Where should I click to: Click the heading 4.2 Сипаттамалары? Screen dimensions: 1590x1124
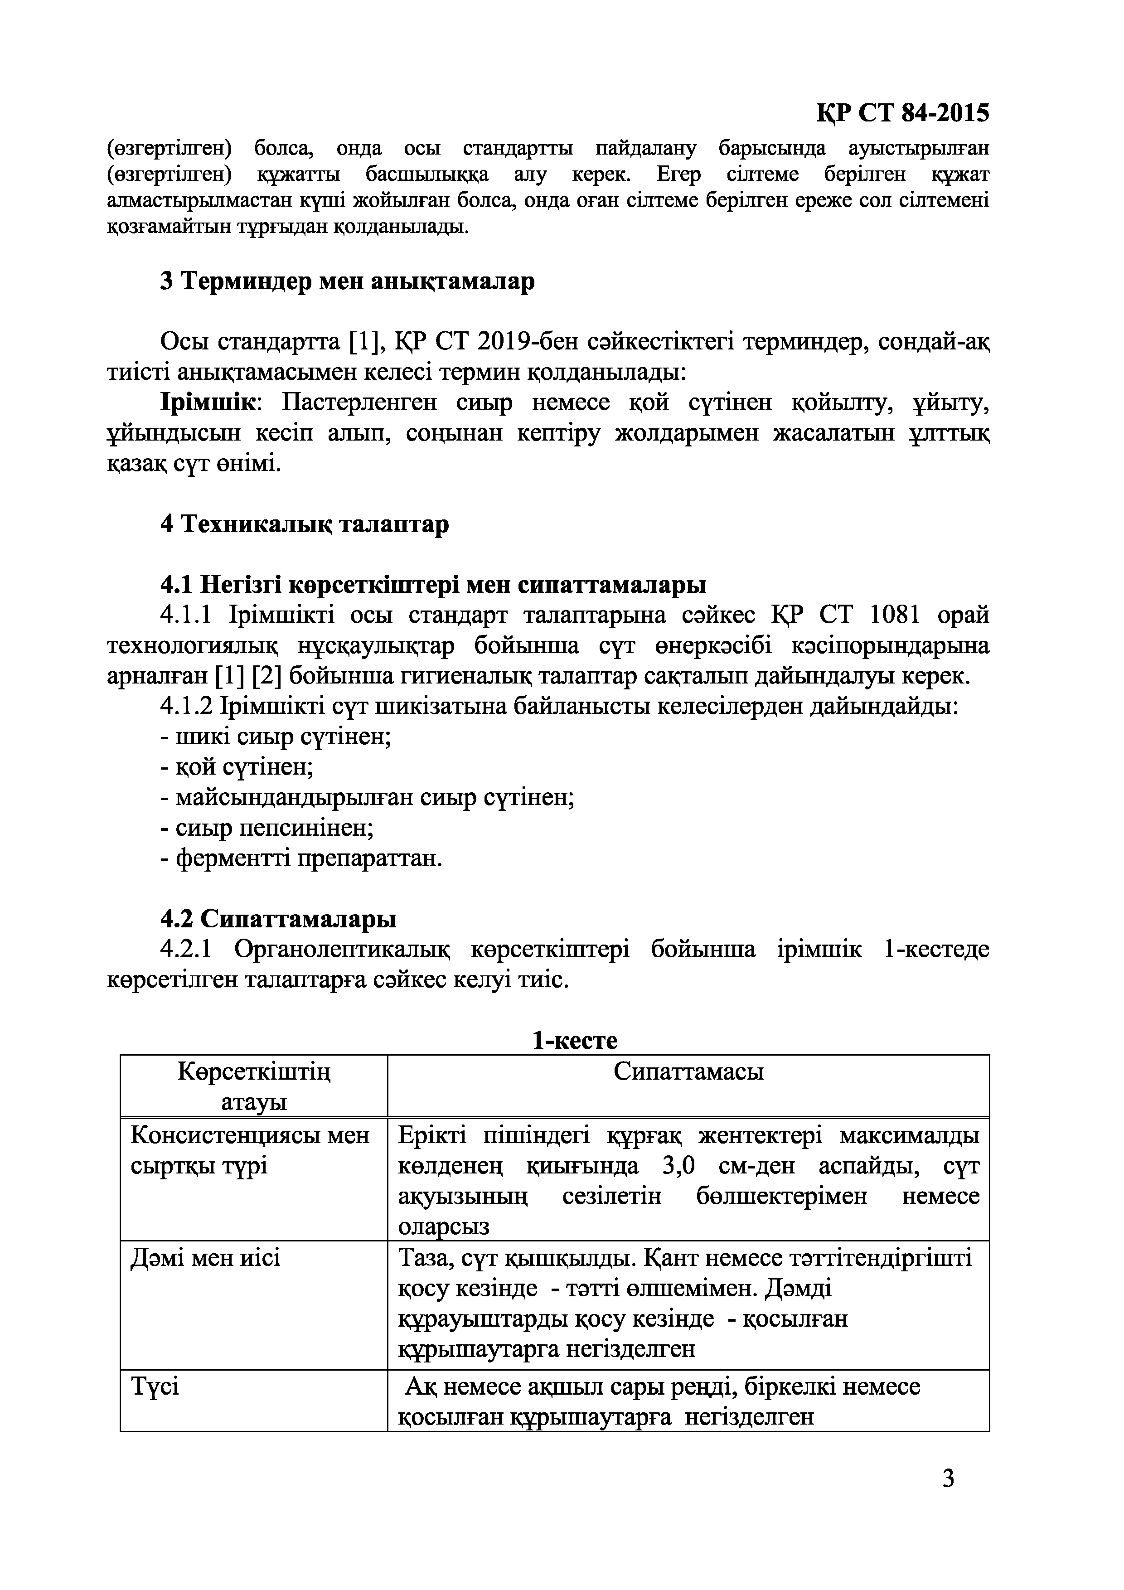(278, 919)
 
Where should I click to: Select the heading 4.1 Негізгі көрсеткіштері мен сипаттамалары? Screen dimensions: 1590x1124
(433, 585)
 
